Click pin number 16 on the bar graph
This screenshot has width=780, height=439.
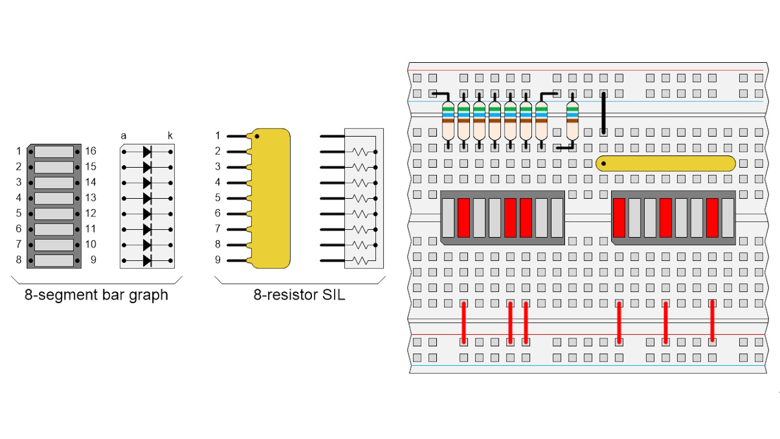point(90,151)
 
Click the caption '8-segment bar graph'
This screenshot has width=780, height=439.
point(96,296)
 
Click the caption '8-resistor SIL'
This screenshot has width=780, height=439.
point(299,296)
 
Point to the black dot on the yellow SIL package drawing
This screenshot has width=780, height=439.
point(257,137)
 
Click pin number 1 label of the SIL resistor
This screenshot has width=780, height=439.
point(218,136)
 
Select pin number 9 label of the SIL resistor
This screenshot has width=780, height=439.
point(218,260)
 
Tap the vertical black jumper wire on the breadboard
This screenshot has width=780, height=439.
point(604,113)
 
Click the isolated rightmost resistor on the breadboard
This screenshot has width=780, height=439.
point(572,121)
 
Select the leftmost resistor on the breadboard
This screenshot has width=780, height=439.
point(448,121)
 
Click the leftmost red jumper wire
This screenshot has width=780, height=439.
point(464,322)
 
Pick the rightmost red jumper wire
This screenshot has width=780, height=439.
point(712,321)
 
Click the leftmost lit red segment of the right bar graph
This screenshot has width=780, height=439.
point(619,218)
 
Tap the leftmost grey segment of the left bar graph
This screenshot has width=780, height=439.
point(448,218)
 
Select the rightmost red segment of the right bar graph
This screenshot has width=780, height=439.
point(712,218)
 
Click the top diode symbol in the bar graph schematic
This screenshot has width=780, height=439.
point(147,151)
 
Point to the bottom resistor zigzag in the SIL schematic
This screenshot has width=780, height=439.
point(361,260)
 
